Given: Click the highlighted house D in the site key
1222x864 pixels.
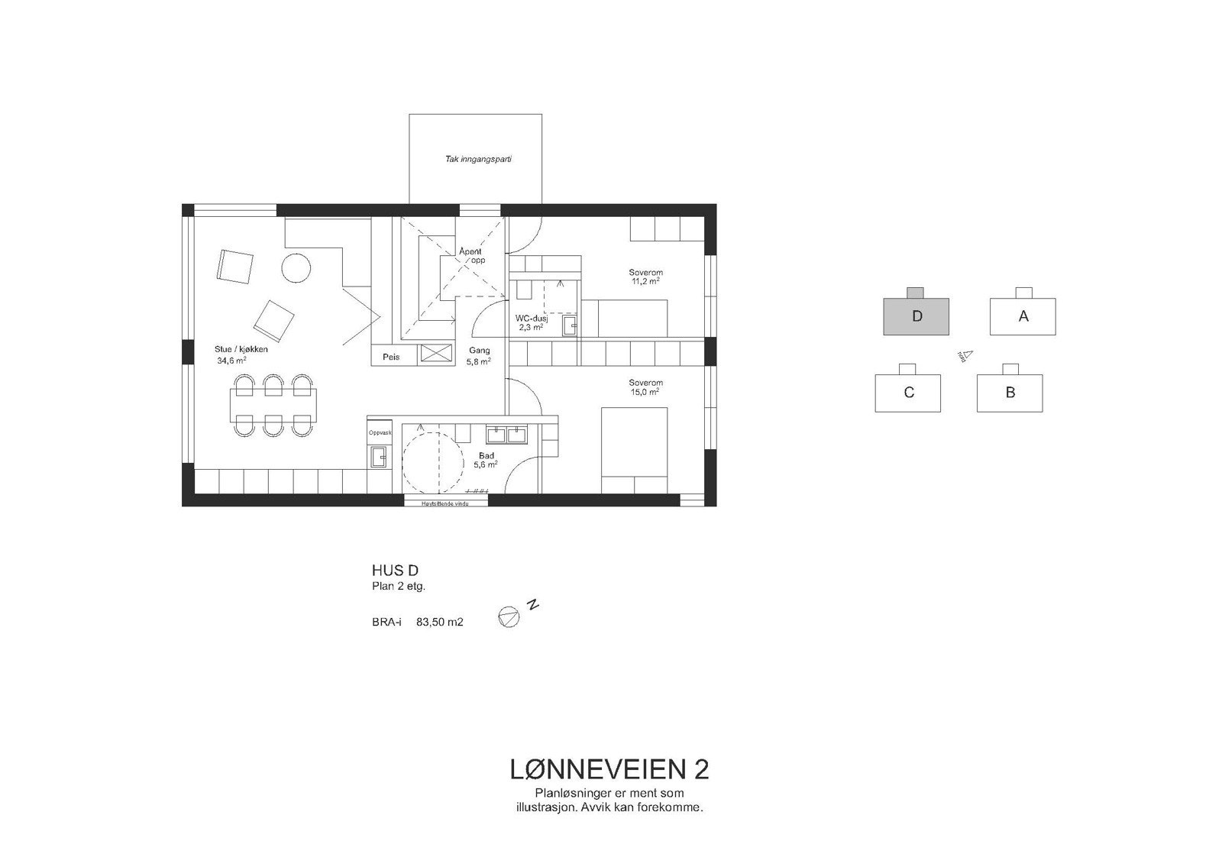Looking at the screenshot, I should tap(916, 316).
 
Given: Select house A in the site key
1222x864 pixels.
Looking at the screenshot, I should tap(1023, 316).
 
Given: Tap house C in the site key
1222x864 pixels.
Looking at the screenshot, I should tap(908, 393).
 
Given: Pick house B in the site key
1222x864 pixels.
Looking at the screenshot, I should tap(1010, 393).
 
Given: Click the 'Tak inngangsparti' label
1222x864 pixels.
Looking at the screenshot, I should tap(478, 160).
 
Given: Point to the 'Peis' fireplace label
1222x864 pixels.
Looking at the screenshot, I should tap(391, 357).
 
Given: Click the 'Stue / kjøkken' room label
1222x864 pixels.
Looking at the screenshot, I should tap(241, 349).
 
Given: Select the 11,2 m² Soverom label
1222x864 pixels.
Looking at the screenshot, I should tap(645, 277).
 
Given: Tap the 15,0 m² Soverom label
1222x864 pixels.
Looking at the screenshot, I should tap(645, 387).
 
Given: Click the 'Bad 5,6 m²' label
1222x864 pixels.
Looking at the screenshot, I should tap(486, 460).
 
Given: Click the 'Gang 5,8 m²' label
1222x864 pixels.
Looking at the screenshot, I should tap(479, 356).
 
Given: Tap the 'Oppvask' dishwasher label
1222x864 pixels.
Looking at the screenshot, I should tap(380, 432).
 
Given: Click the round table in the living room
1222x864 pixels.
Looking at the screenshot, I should tap(296, 268).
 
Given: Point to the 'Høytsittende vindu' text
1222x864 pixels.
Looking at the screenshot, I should tap(446, 504).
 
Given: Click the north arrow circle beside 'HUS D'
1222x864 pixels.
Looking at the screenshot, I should tap(508, 617).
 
